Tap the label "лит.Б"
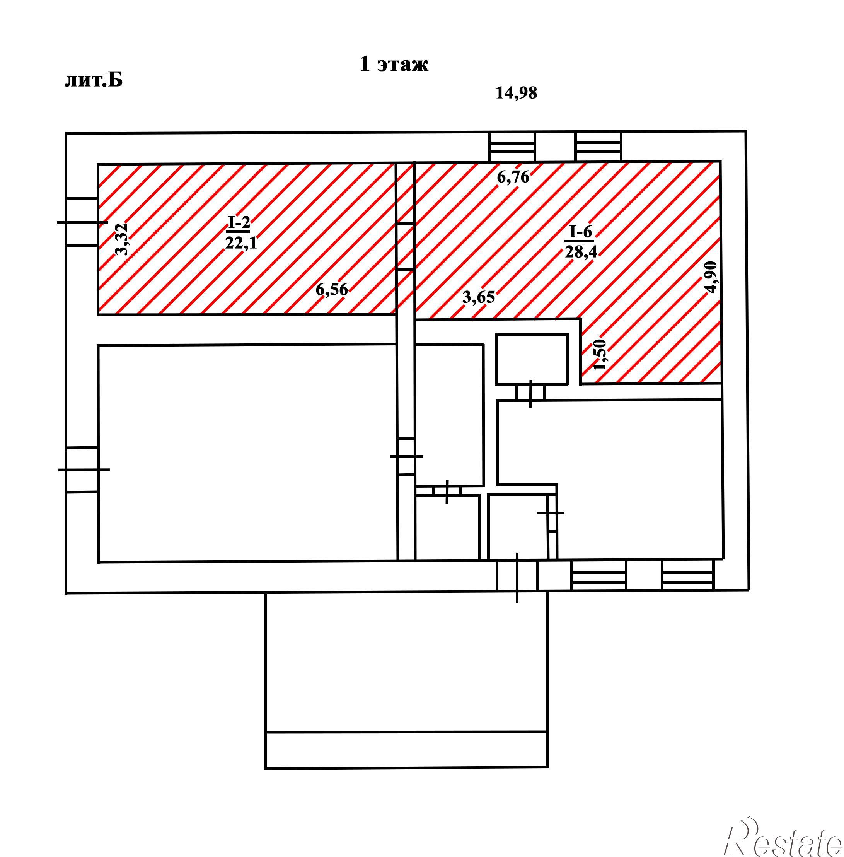pyautogui.click(x=94, y=81)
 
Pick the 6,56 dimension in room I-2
pyautogui.click(x=332, y=290)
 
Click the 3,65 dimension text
pyautogui.click(x=479, y=297)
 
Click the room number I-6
pyautogui.click(x=581, y=232)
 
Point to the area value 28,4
pyautogui.click(x=581, y=252)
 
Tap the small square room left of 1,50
pyautogui.click(x=532, y=360)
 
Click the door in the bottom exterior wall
pyautogui.click(x=517, y=575)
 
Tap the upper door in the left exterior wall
pyautogui.click(x=82, y=222)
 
